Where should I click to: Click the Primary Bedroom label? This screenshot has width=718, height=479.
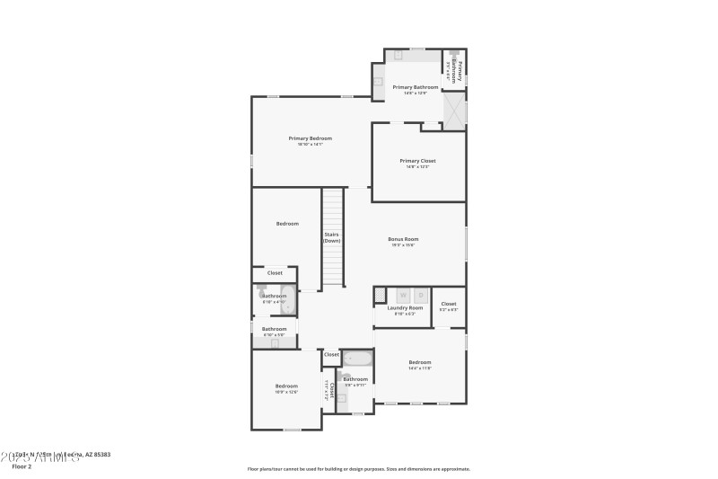310,138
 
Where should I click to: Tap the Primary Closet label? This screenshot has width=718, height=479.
417,161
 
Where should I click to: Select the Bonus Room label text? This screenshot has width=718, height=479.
403,239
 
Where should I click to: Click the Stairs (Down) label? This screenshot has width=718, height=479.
332,237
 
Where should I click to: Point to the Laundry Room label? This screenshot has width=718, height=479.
405,308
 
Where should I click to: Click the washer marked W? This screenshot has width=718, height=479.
403,294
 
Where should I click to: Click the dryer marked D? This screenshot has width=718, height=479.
421,294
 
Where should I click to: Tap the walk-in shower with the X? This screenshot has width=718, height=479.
455,111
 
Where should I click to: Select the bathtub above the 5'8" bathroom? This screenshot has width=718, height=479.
357,359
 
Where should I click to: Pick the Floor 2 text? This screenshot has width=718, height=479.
21,466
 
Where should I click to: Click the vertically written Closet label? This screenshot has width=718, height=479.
332,390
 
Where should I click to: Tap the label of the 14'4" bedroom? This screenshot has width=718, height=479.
420,363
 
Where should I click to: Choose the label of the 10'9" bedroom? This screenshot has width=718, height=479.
286,386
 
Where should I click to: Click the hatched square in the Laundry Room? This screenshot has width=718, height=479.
380,294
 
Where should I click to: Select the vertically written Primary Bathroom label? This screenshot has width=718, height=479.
458,71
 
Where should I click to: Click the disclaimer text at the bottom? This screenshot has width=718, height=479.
358,468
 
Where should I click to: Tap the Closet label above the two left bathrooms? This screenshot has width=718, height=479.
275,272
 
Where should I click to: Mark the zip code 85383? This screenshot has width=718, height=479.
99,455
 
